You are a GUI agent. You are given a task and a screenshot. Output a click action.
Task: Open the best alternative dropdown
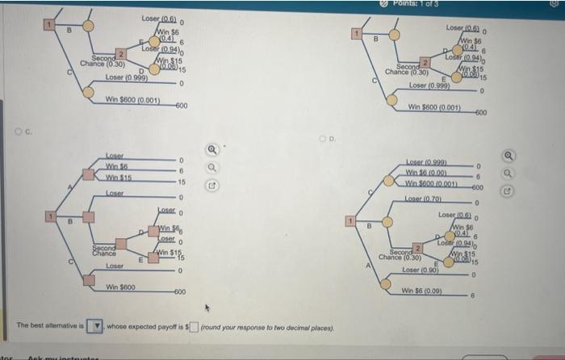[x=96, y=325]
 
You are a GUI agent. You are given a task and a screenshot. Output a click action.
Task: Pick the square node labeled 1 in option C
[x=50, y=216]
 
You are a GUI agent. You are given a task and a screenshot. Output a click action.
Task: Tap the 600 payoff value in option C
[x=181, y=291]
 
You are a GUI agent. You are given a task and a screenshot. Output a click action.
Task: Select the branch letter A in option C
[x=70, y=187]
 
